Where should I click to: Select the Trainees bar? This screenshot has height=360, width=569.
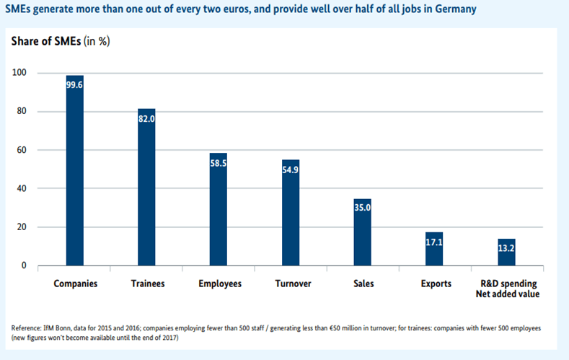[146, 187]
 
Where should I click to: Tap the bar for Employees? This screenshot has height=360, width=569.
[219, 209]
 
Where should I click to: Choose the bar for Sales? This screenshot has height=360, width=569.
[363, 232]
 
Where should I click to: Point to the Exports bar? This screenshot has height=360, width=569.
[434, 249]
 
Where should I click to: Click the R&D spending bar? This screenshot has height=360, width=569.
[506, 253]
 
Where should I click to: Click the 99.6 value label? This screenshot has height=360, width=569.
[75, 85]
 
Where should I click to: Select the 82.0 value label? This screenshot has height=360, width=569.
[146, 119]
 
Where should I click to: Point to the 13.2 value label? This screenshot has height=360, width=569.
[506, 249]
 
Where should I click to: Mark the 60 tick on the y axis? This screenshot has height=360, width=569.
[21, 150]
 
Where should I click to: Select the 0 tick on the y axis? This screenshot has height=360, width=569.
[24, 265]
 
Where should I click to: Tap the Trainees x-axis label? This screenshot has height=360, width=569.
[147, 284]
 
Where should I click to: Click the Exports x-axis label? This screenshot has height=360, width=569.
[436, 284]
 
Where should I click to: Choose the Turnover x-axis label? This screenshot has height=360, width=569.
[292, 284]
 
